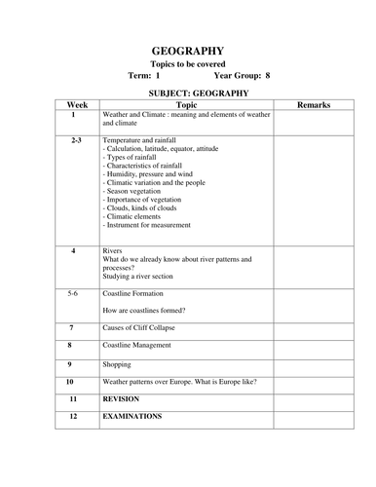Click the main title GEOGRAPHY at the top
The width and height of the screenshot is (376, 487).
188,51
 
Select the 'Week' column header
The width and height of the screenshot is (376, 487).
76,104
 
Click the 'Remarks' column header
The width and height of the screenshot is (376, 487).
314,104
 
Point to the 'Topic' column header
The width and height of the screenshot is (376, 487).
186,104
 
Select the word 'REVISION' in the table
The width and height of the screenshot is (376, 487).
122,398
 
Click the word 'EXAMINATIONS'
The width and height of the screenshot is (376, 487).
132,416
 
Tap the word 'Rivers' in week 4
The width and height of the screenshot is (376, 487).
113,250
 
